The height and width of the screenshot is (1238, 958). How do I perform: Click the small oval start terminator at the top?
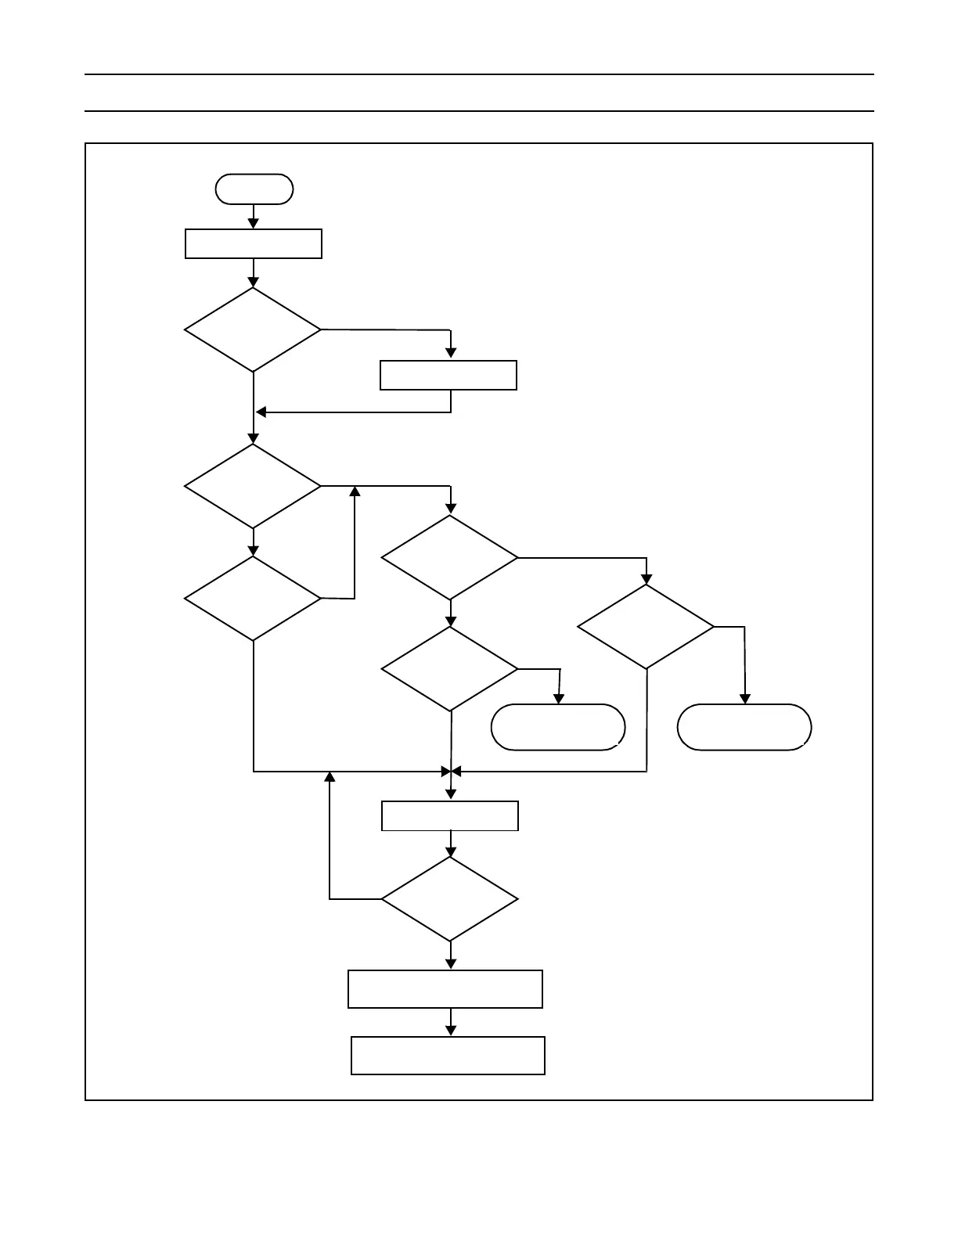[254, 189]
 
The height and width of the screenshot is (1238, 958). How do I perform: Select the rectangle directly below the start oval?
[254, 243]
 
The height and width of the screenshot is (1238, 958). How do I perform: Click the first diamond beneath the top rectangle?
[253, 329]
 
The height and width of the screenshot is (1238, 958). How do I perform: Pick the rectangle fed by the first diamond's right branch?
[448, 375]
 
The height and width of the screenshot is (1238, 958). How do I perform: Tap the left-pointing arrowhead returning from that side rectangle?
[261, 412]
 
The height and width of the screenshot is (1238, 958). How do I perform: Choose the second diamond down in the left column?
[253, 486]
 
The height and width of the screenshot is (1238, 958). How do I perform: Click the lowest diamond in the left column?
[253, 599]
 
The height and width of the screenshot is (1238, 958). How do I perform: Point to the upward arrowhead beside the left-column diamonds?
[355, 491]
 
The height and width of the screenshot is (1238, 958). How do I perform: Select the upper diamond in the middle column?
[450, 558]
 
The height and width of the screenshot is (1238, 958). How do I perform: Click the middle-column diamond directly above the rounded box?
[450, 669]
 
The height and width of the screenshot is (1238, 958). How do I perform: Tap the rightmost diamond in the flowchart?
[646, 627]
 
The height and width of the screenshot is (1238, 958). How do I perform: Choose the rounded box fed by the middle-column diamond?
[558, 727]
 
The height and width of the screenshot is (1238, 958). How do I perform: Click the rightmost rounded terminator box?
[744, 727]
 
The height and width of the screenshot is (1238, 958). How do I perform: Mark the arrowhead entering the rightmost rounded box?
[745, 699]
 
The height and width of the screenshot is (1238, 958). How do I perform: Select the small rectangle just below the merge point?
[450, 815]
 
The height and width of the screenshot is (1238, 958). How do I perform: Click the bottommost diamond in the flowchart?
[450, 899]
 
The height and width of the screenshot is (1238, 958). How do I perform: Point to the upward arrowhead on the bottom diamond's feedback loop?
[330, 777]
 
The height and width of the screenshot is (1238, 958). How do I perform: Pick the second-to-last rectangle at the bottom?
[445, 989]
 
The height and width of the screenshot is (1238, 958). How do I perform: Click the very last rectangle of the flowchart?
[448, 1056]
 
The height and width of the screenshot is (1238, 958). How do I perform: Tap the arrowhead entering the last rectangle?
[451, 1031]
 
